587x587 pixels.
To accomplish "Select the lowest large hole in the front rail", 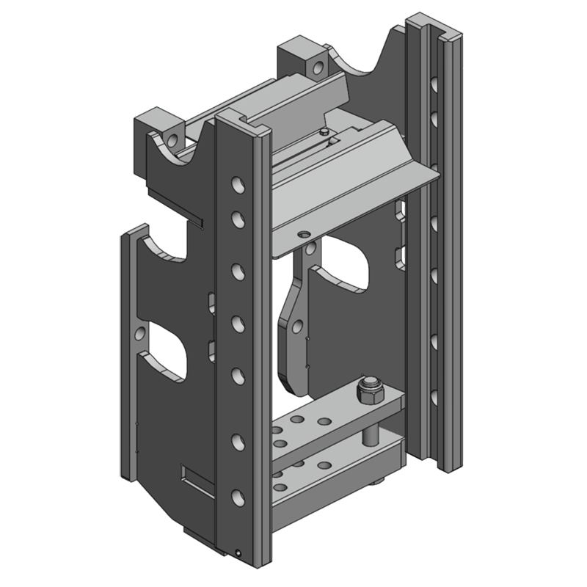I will point(237,497).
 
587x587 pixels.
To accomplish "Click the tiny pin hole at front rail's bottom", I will point(238,553).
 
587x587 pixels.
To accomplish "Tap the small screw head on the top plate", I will point(324,131).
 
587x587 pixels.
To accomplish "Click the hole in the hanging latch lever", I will point(298,324).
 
